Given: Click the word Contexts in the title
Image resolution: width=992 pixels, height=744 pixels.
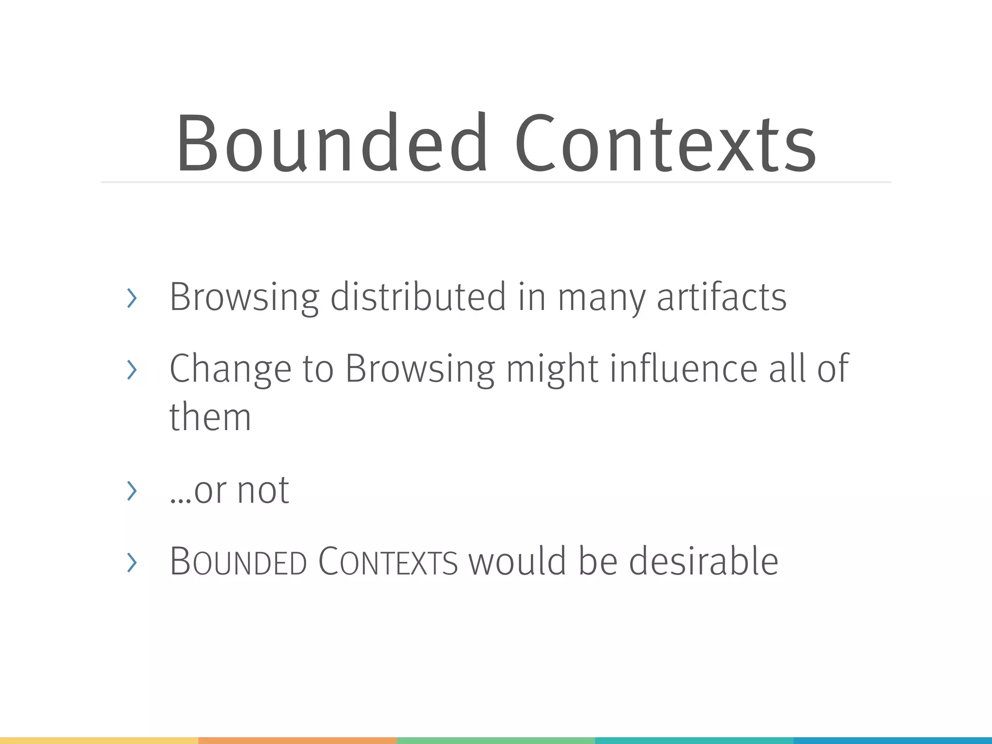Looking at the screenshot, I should click(x=665, y=142).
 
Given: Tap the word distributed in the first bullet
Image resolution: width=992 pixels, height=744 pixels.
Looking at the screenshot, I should click(x=418, y=296).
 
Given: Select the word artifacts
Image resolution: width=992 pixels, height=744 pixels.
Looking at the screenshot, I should click(x=721, y=296).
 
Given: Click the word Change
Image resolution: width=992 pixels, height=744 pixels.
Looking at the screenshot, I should click(x=230, y=369).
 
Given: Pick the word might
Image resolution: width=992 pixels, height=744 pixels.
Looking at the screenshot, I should click(x=552, y=369).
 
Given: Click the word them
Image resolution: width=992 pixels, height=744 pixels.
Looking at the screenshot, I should click(x=210, y=417).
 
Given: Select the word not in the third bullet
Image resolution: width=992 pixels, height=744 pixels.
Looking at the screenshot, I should click(x=263, y=490).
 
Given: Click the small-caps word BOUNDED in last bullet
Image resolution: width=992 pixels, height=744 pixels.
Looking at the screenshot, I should click(x=238, y=562).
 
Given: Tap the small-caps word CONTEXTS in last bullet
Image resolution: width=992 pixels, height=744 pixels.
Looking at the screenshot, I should click(x=388, y=562).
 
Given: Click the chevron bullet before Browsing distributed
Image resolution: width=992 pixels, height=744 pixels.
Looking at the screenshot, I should click(x=131, y=297).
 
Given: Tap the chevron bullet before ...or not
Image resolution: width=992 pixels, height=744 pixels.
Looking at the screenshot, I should click(x=131, y=491).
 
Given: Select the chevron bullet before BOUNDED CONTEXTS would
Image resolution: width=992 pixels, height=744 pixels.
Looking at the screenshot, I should click(x=131, y=562).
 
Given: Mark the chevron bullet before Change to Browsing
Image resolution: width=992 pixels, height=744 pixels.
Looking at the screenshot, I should click(x=131, y=370).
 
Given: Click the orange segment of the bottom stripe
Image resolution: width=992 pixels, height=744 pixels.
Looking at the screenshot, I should click(x=297, y=740).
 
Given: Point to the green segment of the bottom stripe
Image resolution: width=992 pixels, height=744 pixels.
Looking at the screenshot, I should click(x=496, y=740).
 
